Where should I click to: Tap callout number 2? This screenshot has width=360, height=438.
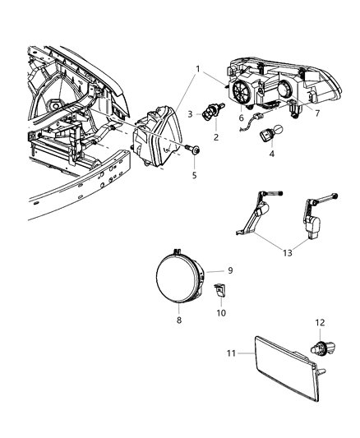click(216, 138)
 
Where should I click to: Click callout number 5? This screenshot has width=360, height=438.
click(194, 174)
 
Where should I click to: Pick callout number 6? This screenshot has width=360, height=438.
click(240, 118)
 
